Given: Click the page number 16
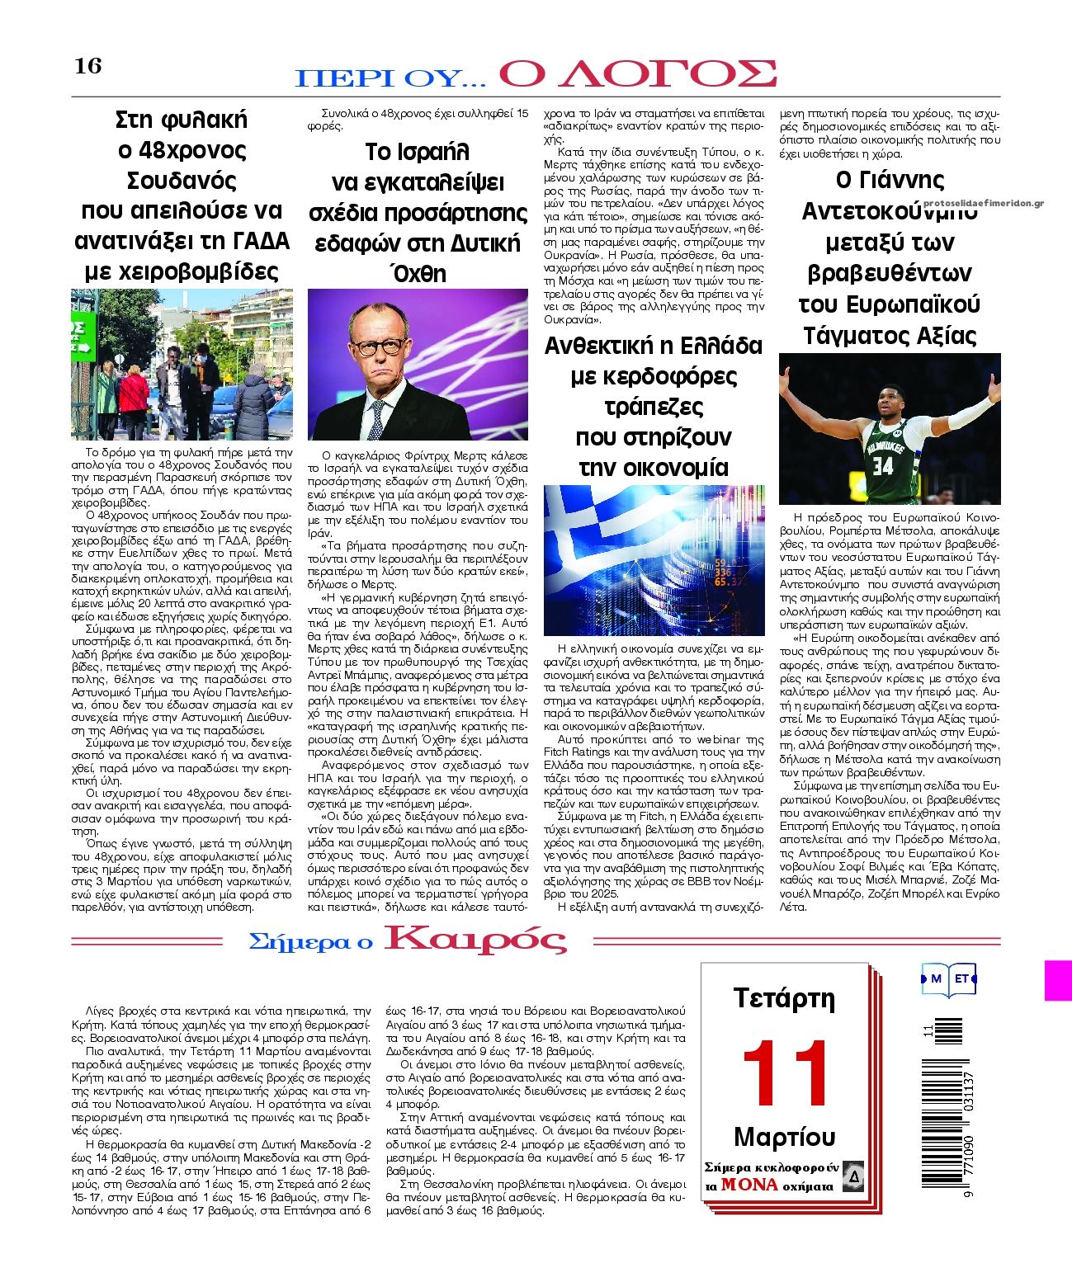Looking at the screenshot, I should pyautogui.click(x=88, y=66).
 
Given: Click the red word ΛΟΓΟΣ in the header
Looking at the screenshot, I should pyautogui.click(x=637, y=74).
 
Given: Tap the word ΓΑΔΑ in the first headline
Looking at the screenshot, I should pyautogui.click(x=256, y=241).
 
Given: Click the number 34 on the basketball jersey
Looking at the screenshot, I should pyautogui.click(x=883, y=465).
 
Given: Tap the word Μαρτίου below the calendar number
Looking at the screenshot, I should pyautogui.click(x=784, y=1137).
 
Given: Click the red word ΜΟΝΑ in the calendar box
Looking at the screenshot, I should pyautogui.click(x=749, y=1185).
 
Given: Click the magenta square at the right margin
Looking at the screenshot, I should pyautogui.click(x=1058, y=980).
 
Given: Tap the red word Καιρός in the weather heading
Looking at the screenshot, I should pyautogui.click(x=476, y=940).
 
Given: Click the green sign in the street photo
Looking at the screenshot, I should pyautogui.click(x=81, y=337).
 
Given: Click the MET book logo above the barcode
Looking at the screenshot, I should pyautogui.click(x=949, y=979).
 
